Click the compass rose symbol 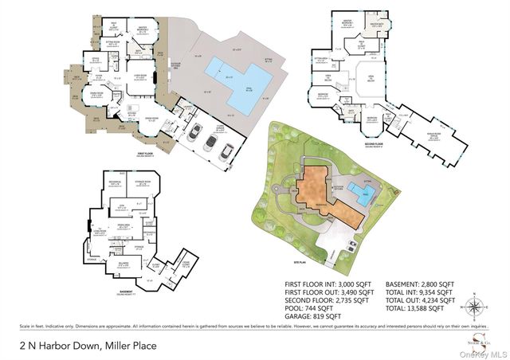pos(477,306)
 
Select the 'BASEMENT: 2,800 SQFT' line pos(420,284)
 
